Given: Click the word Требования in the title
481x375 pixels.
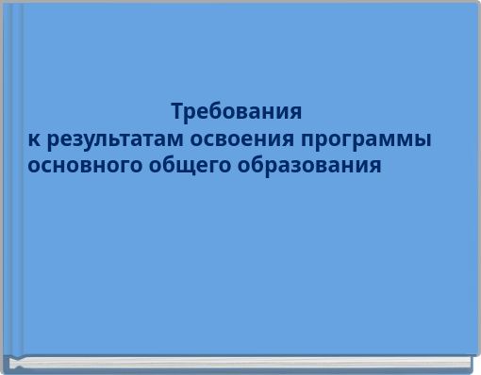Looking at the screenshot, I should (x=237, y=112).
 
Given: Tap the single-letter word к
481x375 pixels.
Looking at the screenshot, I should (x=34, y=139).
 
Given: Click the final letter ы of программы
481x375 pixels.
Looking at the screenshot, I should (x=423, y=140).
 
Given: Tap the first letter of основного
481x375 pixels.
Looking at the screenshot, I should (x=33, y=167).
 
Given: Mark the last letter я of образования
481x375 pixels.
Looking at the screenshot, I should (x=376, y=167).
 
